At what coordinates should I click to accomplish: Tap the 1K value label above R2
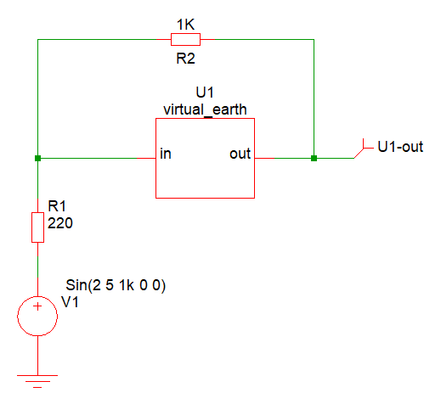pos(186,25)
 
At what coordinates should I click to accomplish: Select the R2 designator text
pos(186,59)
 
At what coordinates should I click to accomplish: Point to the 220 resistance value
pos(60,223)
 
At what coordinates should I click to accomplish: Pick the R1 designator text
pos(57,206)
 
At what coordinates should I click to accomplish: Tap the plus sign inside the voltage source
pos(37,306)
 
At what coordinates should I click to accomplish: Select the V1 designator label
pos(70,302)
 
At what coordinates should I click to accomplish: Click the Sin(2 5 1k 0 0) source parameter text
pos(116,285)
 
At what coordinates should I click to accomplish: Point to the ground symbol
pos(37,381)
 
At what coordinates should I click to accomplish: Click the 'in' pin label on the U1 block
pos(166,154)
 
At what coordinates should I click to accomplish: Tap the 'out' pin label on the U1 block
pos(240,154)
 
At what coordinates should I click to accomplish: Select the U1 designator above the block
pos(205,93)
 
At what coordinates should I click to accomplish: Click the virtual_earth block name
pos(205,109)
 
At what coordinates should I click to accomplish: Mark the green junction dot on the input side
pos(37,158)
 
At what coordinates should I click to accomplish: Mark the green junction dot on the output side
pos(314,158)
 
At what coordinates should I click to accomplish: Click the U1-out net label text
pos(400,147)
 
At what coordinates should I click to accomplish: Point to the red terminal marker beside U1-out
pos(364,149)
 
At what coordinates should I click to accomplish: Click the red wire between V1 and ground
pos(37,356)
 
